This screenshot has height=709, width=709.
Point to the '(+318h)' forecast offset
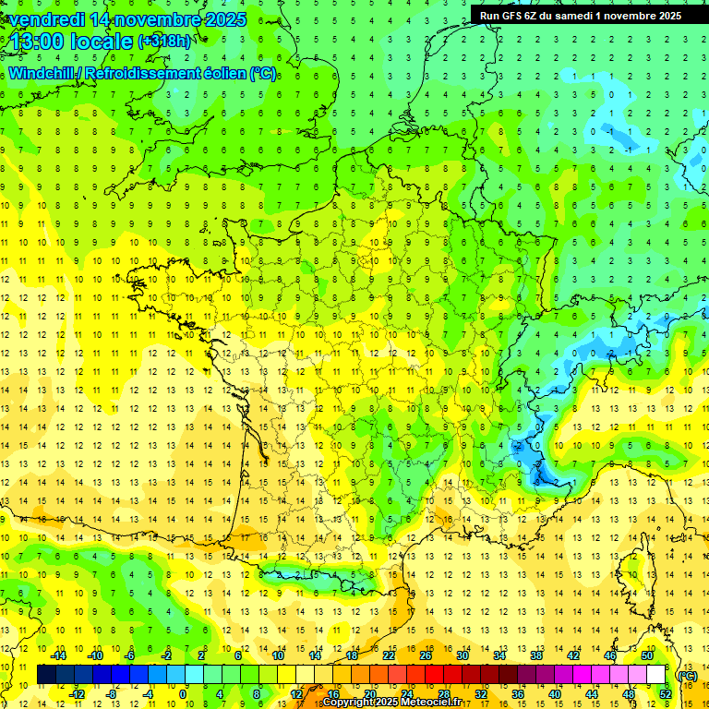point(167,42)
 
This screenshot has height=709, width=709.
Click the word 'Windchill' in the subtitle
point(42,73)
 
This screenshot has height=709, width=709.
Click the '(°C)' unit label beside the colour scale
point(687,675)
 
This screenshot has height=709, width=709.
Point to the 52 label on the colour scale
point(666,694)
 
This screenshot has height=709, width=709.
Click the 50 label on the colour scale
point(647,655)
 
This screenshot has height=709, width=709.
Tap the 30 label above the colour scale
point(463,655)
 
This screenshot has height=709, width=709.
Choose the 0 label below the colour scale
point(183,694)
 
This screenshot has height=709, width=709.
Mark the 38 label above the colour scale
point(536,655)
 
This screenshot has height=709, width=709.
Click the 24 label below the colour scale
point(407,694)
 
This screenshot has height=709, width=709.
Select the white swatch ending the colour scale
point(656,675)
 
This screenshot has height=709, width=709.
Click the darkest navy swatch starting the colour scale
point(47,675)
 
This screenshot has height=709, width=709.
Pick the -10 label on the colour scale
point(94,655)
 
